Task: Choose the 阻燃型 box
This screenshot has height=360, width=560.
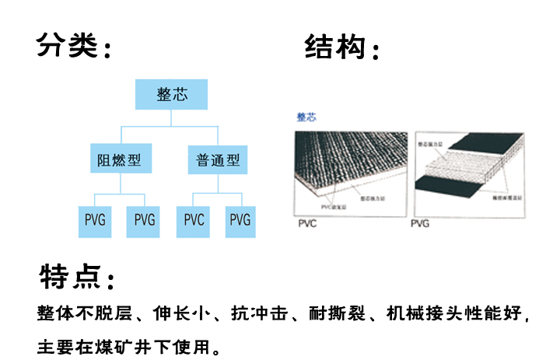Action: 119,161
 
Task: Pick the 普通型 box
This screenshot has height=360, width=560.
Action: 218,161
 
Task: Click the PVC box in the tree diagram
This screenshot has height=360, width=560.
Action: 194,220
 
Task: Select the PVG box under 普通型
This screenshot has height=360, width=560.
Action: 240,220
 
